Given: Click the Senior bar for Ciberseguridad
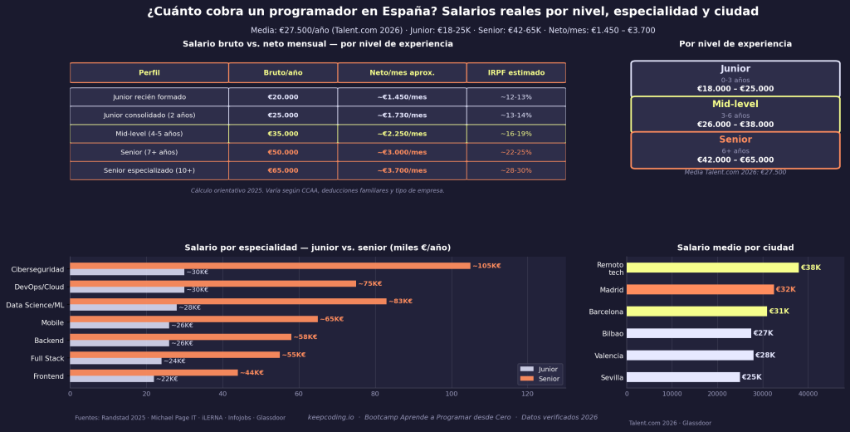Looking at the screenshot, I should click(270, 266).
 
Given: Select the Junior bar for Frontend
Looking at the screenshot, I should click(112, 379).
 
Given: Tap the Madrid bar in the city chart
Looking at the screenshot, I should click(700, 290).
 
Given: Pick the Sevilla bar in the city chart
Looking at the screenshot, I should click(683, 377).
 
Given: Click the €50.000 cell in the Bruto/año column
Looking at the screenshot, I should click(282, 152).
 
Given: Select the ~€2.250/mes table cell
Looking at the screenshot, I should click(402, 133).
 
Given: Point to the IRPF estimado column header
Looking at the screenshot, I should click(515, 72).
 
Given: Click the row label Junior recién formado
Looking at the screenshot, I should click(149, 97).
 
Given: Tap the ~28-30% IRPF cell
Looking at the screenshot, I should click(515, 170).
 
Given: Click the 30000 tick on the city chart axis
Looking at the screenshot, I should click(762, 395).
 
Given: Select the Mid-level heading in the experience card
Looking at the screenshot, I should click(735, 104).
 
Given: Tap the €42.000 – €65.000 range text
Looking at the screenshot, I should click(735, 160).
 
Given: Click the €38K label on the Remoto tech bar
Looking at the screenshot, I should click(810, 268).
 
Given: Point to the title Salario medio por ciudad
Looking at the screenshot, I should click(735, 248).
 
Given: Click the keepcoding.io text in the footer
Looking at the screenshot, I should click(331, 417).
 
